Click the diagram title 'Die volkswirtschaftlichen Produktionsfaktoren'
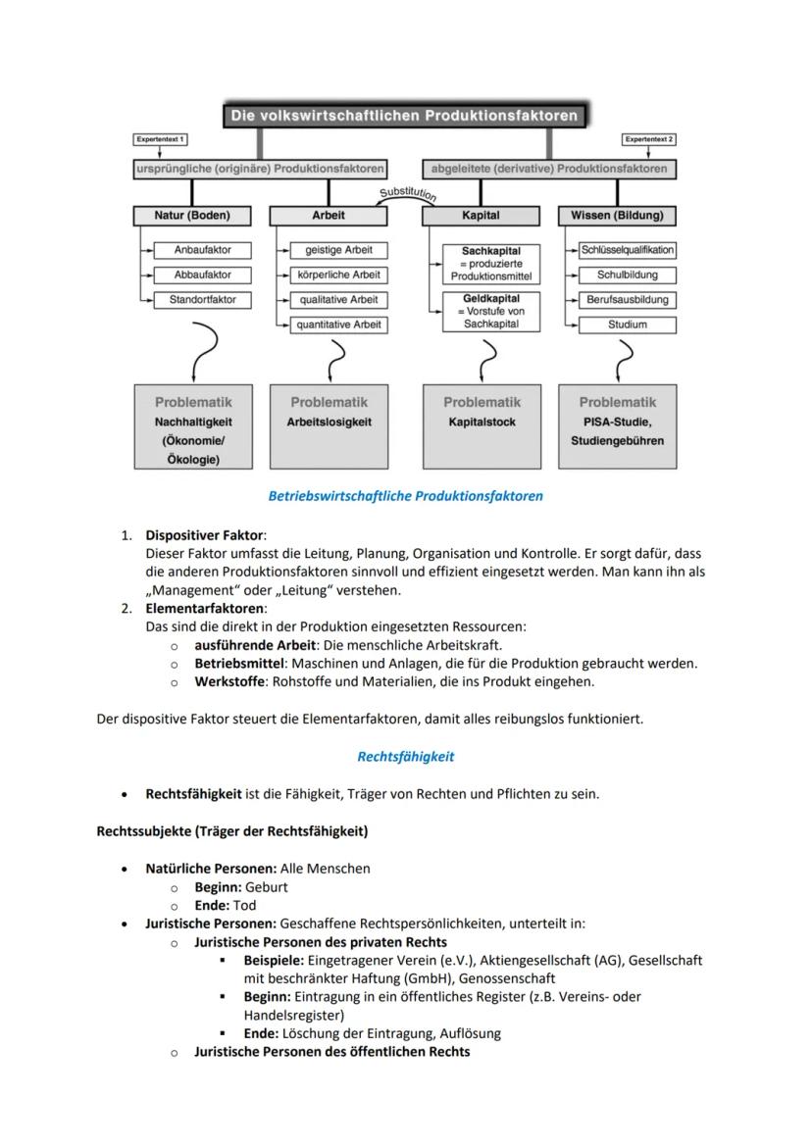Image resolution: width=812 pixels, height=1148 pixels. [x=404, y=116]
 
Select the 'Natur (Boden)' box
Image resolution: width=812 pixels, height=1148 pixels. [x=191, y=215]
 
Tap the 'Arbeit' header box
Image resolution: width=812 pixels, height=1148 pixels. [x=329, y=215]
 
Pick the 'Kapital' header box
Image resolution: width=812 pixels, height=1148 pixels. [x=481, y=215]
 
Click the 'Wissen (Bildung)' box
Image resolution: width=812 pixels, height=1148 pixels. [x=617, y=215]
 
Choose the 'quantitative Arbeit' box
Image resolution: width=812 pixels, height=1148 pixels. [x=337, y=324]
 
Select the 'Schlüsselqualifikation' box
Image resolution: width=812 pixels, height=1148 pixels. [x=627, y=250]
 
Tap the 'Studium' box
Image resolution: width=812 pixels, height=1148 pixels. [x=627, y=324]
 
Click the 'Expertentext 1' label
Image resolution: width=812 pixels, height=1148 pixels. [x=161, y=140]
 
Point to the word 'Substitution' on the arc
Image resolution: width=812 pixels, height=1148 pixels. [x=407, y=193]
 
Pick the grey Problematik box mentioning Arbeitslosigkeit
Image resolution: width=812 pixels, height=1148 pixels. [x=329, y=425]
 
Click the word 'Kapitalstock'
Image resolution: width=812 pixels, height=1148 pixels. [x=482, y=423]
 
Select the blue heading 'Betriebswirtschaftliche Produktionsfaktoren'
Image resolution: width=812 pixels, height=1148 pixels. [x=405, y=496]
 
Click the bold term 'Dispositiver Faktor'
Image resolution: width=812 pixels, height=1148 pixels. [x=204, y=535]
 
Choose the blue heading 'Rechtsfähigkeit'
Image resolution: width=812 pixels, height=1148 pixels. [x=405, y=757]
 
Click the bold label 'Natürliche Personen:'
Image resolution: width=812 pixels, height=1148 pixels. [x=211, y=869]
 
